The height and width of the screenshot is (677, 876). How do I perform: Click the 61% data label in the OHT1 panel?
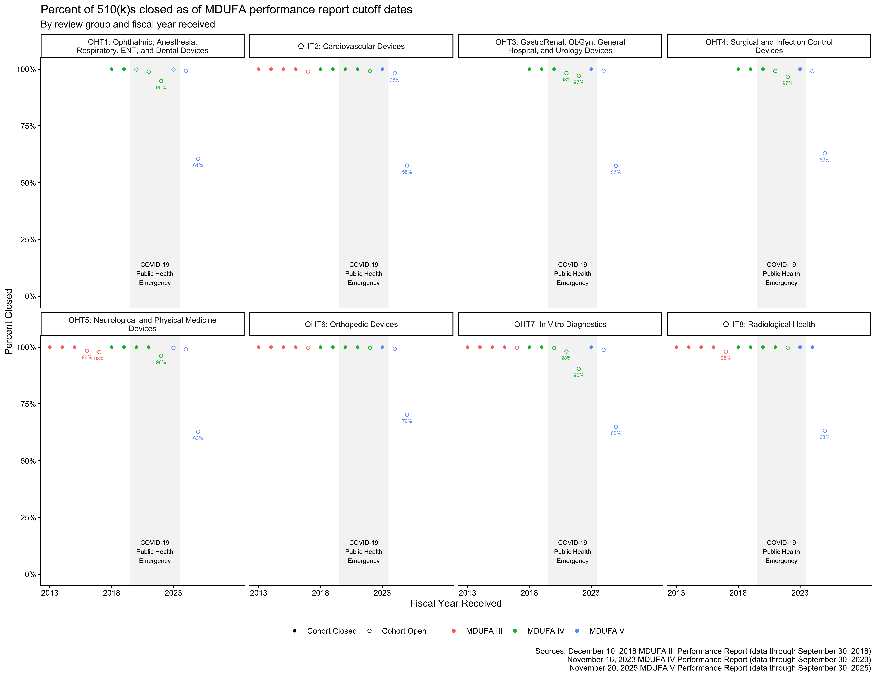[198, 165]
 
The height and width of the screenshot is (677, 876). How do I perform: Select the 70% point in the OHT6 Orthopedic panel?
[407, 415]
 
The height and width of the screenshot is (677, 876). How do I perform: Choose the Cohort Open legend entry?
[397, 631]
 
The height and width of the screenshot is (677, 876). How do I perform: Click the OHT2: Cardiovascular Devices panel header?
[351, 46]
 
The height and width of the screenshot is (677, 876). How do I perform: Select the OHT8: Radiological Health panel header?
[769, 324]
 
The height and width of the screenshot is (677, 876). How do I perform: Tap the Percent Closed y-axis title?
[9, 322]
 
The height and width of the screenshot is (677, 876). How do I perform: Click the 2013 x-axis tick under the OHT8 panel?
[676, 593]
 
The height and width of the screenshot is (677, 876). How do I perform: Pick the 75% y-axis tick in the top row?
[26, 126]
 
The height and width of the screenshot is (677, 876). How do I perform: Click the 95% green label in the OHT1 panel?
[161, 87]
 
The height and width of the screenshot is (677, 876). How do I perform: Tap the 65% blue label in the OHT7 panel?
[616, 433]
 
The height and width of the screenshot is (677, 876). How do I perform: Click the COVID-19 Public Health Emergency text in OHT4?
[781, 274]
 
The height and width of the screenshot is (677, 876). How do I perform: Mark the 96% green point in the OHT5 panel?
[161, 356]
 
